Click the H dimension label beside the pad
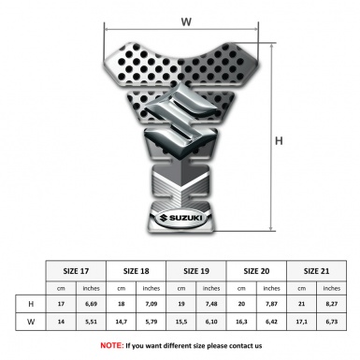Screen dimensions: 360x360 pos(280,141)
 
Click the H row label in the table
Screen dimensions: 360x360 pos(31,304)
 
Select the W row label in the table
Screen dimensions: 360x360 pos(31,322)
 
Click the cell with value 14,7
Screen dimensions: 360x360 pos(122,322)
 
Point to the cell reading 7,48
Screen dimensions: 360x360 pos(212,304)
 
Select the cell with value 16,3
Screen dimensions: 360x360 pos(242,322)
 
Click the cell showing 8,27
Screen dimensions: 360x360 pos(333,304)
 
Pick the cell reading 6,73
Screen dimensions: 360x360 pos(333,322)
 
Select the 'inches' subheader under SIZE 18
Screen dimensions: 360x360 pos(151,288)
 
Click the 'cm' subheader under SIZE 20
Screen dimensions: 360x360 pos(242,288)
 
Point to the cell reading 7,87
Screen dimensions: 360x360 pos(272,304)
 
